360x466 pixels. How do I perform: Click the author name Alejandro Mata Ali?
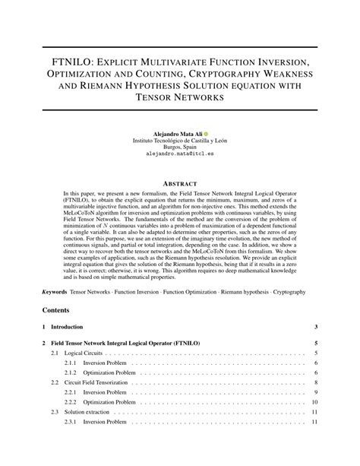coord(175,133)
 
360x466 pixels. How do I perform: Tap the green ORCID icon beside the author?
coord(205,133)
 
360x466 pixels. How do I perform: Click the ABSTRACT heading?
coord(180,185)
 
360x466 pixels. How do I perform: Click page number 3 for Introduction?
coord(315,328)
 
